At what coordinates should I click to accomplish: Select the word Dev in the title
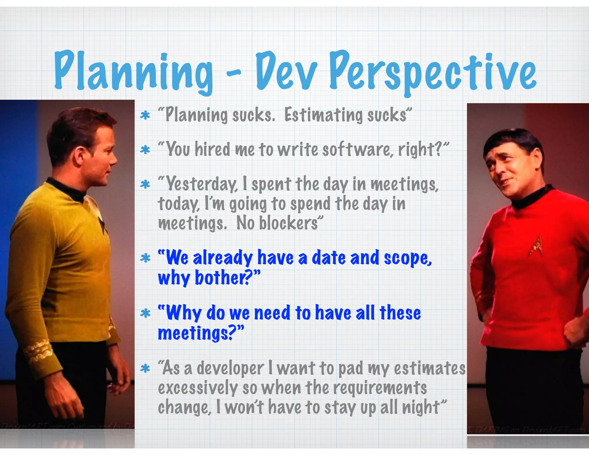[x=286, y=72]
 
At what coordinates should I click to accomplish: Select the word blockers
[x=288, y=223]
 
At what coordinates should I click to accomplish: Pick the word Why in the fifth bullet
[x=184, y=313]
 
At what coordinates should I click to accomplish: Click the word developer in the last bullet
[x=230, y=369]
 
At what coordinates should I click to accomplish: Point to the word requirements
[x=380, y=388]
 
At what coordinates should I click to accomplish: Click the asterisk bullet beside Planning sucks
[x=145, y=116]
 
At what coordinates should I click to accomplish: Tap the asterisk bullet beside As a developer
[x=145, y=368]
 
